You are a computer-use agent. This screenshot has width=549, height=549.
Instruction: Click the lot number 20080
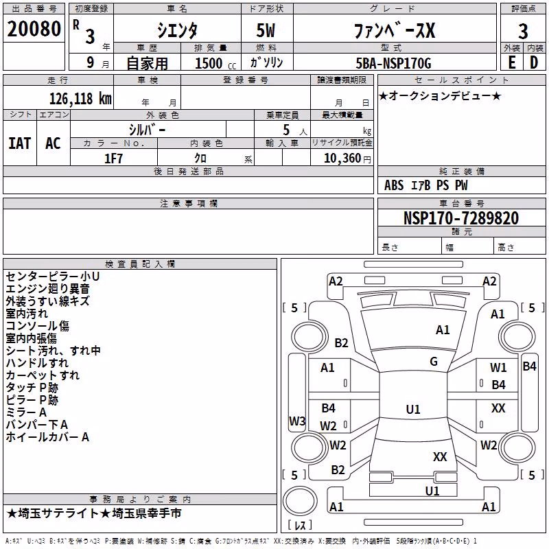click(x=34, y=29)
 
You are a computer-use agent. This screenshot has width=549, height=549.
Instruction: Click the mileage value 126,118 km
click(x=80, y=99)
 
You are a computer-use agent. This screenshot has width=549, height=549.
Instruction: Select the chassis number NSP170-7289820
click(x=461, y=218)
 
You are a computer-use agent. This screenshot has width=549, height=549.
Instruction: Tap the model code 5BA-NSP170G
click(x=393, y=63)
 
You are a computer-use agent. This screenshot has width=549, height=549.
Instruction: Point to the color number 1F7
click(x=113, y=159)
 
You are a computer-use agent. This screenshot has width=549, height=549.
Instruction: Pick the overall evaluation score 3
click(x=523, y=32)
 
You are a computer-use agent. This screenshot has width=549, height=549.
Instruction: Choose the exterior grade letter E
click(x=512, y=62)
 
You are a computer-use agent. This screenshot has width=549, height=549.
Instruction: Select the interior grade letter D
click(x=534, y=62)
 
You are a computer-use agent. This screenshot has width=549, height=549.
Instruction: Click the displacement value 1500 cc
click(x=215, y=63)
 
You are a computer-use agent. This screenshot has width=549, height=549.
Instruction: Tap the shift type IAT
click(x=20, y=143)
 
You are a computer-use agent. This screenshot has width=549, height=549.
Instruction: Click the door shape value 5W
click(x=266, y=30)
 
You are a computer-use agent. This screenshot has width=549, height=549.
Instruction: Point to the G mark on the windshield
click(x=434, y=361)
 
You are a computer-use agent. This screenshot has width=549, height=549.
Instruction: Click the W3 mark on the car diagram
click(x=297, y=421)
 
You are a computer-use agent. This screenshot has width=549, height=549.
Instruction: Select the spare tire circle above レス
click(x=300, y=501)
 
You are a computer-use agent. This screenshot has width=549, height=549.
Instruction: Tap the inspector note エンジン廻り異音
click(x=47, y=289)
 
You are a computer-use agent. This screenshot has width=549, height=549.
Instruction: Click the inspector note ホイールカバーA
click(x=47, y=437)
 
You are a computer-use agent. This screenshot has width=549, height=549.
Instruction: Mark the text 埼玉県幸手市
click(x=147, y=513)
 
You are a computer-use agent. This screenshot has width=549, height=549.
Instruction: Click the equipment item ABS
click(x=394, y=185)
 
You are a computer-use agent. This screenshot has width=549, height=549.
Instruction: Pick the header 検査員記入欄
click(x=140, y=264)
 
